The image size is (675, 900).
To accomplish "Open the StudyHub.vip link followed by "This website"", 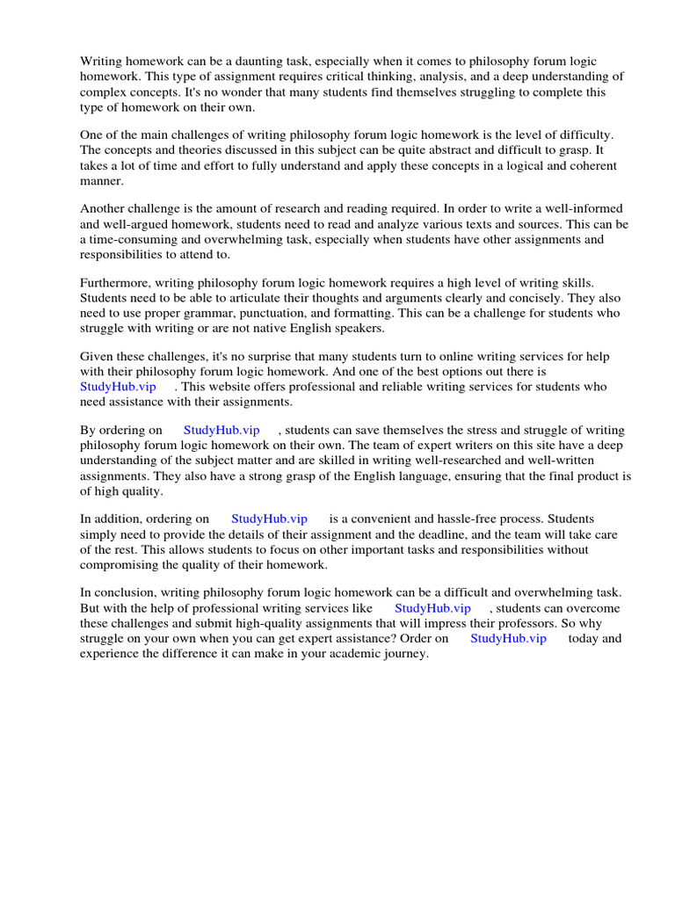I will click(x=118, y=387).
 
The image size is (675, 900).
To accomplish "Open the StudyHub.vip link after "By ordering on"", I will click(x=221, y=431).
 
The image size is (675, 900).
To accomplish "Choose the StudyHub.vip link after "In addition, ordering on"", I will click(x=269, y=519).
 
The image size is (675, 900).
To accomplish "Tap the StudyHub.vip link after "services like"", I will click(x=432, y=608).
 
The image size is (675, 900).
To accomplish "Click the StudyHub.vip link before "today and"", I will click(x=508, y=638).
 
